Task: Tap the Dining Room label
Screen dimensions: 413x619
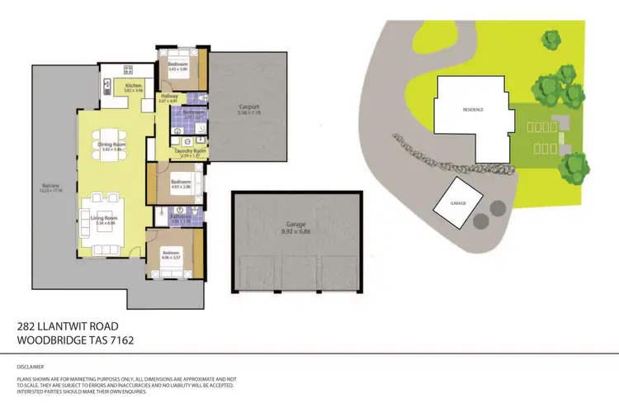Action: pos(112,145)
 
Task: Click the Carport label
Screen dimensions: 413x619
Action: pos(248,107)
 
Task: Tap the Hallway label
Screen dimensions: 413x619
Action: pos(168,97)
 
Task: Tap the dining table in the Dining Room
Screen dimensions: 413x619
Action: pos(111,136)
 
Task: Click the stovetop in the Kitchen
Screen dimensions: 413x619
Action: pos(129,69)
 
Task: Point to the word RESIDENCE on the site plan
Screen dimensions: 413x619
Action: pos(473,110)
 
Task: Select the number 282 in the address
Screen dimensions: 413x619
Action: pos(28,326)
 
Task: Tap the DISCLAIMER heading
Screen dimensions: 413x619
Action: pos(31,366)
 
